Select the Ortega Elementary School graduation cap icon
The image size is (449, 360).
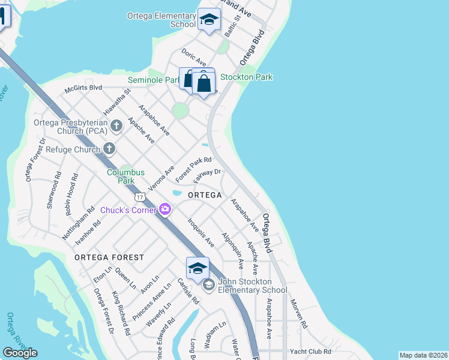coord(209,20)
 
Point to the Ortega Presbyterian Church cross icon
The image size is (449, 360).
coord(116,125)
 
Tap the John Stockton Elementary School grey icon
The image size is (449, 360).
coord(208,284)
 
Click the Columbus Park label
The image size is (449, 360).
coord(126,176)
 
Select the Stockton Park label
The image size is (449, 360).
coord(246,77)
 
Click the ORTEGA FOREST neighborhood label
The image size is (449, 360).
coord(109,257)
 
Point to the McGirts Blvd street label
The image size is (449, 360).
coord(83,88)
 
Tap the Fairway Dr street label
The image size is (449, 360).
coord(208,176)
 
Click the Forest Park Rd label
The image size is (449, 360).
coord(193,170)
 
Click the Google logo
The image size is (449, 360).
coord(20,353)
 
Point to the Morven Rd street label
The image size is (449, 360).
coord(298,314)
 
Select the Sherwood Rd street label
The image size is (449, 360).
coord(53,191)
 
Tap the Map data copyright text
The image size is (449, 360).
coord(423,355)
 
